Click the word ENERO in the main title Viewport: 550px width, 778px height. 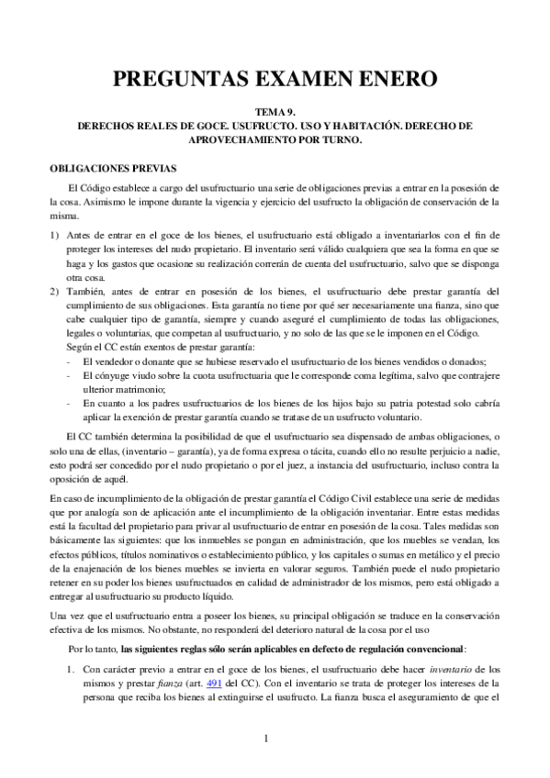[387, 79]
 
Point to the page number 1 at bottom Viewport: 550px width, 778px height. [265, 739]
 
